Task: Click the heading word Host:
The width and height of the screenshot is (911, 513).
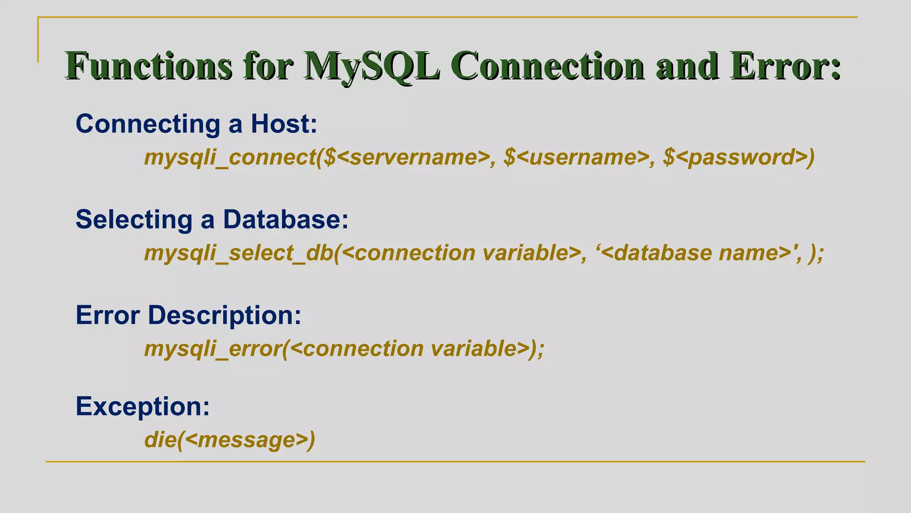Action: coord(284,124)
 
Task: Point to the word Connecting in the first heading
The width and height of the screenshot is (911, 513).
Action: coord(148,124)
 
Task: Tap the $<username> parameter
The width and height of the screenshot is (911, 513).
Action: coord(576,157)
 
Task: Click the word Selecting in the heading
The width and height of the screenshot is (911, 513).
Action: coord(134,220)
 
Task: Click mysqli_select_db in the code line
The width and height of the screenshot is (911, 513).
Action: coord(238,253)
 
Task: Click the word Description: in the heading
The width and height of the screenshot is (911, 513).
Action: coord(224,315)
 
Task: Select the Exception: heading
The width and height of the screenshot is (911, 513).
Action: coord(142,407)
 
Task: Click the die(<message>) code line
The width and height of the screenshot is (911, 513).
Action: coord(230,440)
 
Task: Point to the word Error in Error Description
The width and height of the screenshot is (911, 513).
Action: coord(108,315)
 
